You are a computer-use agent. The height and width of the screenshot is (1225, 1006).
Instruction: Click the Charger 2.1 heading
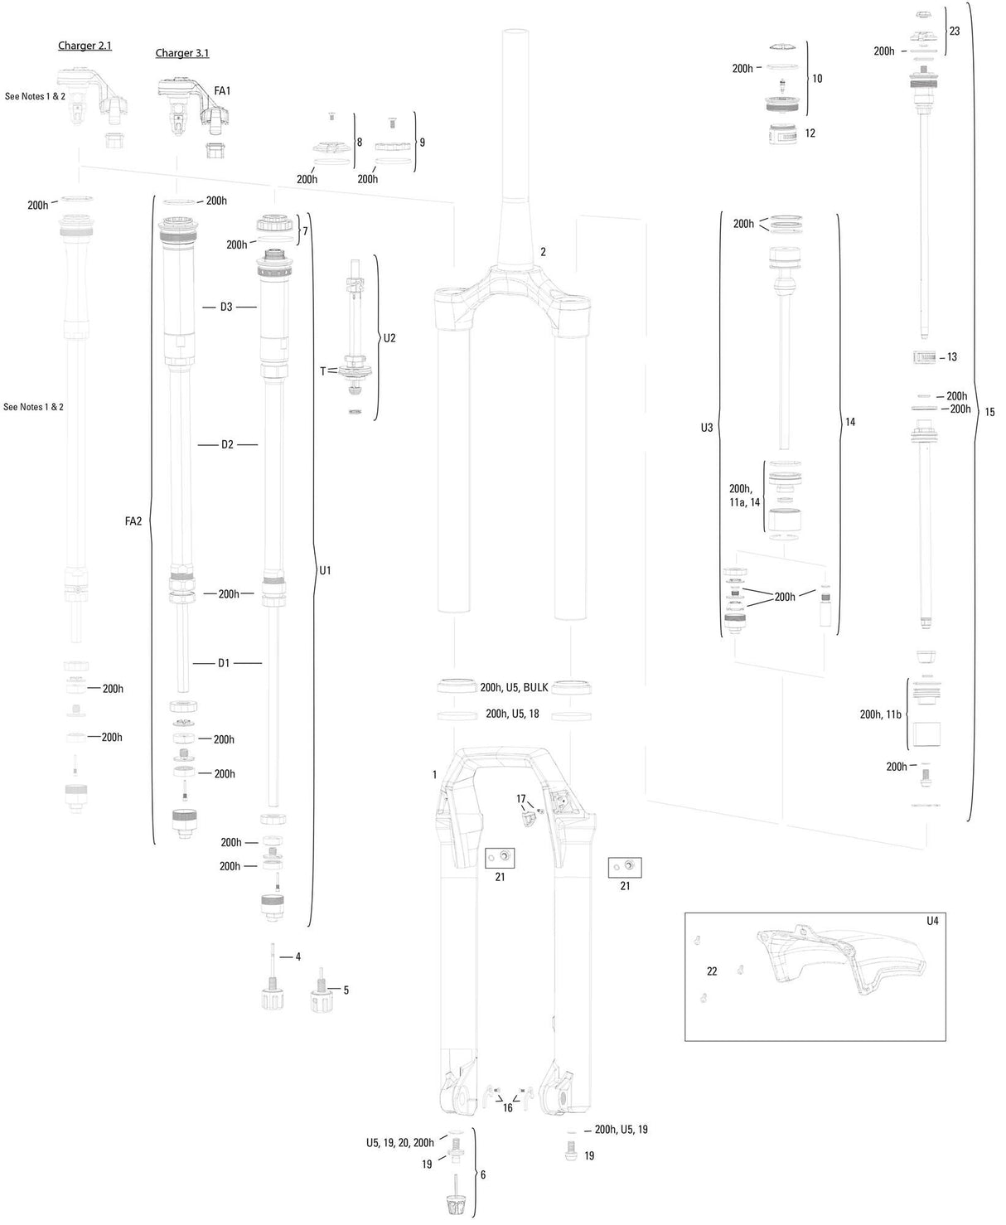[85, 46]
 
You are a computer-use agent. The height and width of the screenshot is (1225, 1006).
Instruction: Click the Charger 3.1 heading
[182, 53]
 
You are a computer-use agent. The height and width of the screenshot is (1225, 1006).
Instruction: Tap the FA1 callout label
[222, 90]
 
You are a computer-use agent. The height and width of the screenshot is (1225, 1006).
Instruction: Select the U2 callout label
[389, 338]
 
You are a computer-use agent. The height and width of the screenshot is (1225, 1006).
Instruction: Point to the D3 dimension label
[226, 307]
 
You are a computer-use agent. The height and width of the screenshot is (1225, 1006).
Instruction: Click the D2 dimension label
[227, 445]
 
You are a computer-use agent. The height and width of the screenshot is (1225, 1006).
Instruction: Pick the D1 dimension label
[224, 663]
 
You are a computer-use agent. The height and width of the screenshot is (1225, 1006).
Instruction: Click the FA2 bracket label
[133, 521]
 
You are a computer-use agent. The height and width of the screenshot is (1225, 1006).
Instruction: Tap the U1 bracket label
[325, 570]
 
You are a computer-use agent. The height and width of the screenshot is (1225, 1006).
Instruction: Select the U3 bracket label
[706, 428]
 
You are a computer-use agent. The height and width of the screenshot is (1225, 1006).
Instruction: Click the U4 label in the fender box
[933, 921]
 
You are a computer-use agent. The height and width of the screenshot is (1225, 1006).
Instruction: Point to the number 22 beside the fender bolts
[712, 971]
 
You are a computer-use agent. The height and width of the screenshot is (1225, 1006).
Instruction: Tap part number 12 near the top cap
[810, 133]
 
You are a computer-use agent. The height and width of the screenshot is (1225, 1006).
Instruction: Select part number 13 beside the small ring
[951, 357]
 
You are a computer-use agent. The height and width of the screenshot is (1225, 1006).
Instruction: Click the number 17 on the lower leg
[521, 799]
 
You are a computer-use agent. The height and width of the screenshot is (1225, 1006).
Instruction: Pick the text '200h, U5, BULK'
[514, 687]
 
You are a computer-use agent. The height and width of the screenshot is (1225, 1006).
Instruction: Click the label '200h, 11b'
[880, 714]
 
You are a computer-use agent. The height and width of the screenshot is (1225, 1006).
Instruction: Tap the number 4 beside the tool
[297, 956]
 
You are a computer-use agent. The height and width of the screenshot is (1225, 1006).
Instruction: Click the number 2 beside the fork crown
[543, 252]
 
